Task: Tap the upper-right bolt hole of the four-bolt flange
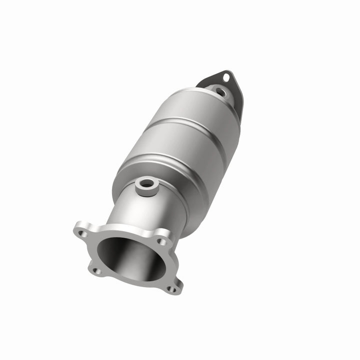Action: tap(161, 241)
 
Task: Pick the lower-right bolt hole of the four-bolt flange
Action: tap(171, 288)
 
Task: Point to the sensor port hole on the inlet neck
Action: tap(146, 183)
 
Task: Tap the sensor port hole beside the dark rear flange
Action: tap(219, 91)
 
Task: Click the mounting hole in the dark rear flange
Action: tap(226, 77)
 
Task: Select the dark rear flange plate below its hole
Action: tap(238, 102)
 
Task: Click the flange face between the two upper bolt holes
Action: tap(122, 231)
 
